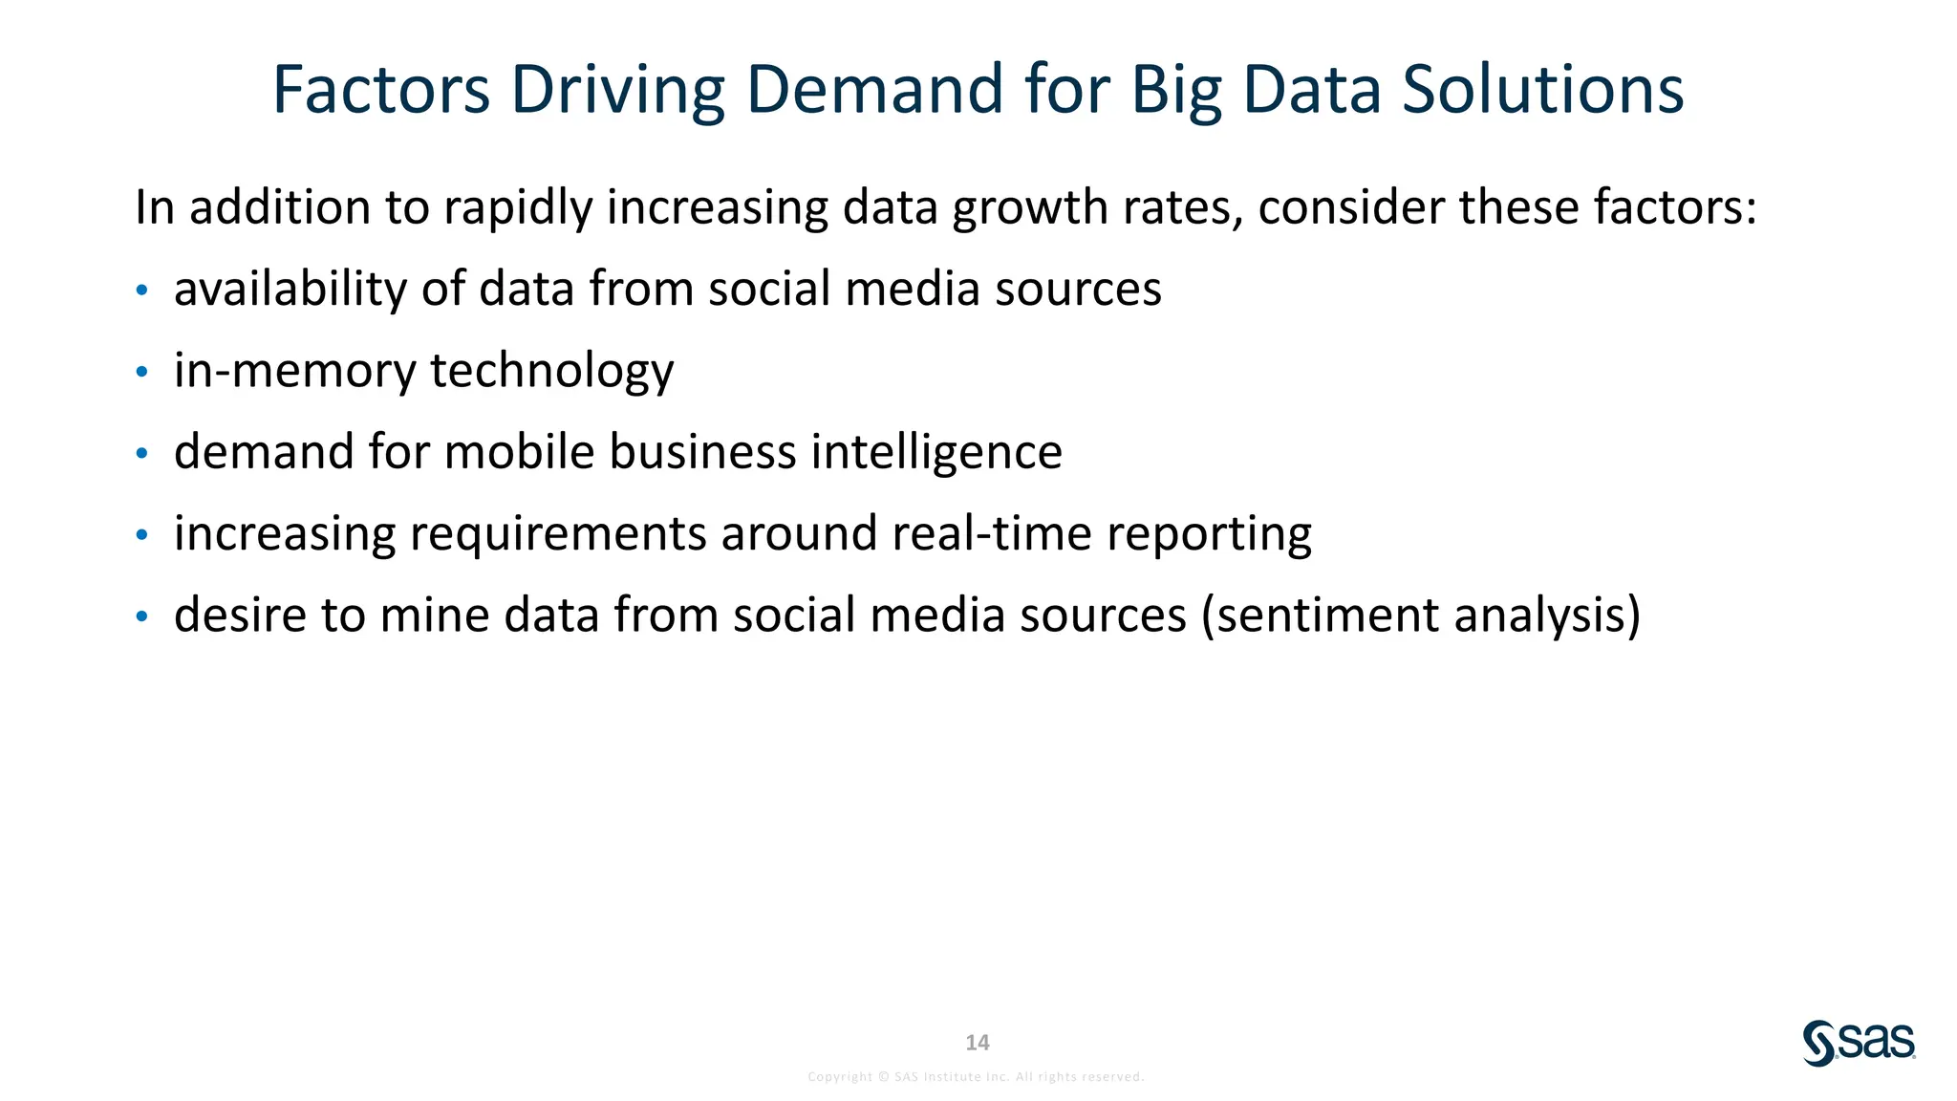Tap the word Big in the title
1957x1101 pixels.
click(x=1176, y=91)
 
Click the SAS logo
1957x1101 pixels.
click(x=1859, y=1043)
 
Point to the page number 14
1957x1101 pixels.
click(x=977, y=1043)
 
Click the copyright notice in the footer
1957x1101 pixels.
click(x=976, y=1077)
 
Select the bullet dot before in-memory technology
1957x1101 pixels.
click(x=141, y=372)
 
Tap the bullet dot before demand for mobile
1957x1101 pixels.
click(x=141, y=453)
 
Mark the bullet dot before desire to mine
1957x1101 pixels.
click(x=141, y=616)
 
